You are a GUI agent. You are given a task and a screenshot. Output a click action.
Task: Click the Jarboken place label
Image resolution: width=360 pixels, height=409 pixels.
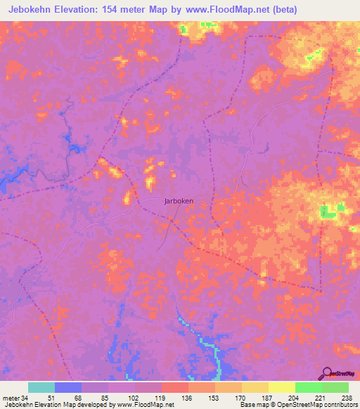coord(179,200)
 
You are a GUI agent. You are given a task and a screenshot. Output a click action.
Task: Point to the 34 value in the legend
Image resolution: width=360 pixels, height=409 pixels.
coord(29,397)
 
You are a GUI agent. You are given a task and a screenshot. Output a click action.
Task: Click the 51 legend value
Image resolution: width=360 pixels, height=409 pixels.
coord(55,397)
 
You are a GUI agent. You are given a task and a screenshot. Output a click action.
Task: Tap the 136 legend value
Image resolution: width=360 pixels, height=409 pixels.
coord(188,397)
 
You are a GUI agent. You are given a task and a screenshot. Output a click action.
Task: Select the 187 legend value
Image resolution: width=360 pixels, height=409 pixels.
coord(269,397)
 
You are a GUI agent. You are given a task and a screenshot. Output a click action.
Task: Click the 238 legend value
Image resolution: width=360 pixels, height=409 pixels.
coord(348,397)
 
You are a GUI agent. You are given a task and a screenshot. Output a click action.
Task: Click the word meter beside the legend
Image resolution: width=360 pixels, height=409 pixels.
coord(12,397)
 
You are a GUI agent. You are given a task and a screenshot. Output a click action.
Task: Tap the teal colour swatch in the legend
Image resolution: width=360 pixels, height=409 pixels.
coord(41,387)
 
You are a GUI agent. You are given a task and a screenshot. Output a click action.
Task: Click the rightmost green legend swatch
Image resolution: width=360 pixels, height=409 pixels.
coord(335,387)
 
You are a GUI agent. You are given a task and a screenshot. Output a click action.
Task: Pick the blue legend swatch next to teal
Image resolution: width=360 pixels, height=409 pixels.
coord(68,387)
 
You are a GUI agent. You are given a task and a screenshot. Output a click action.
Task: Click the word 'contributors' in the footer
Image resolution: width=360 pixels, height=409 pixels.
coord(336,405)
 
